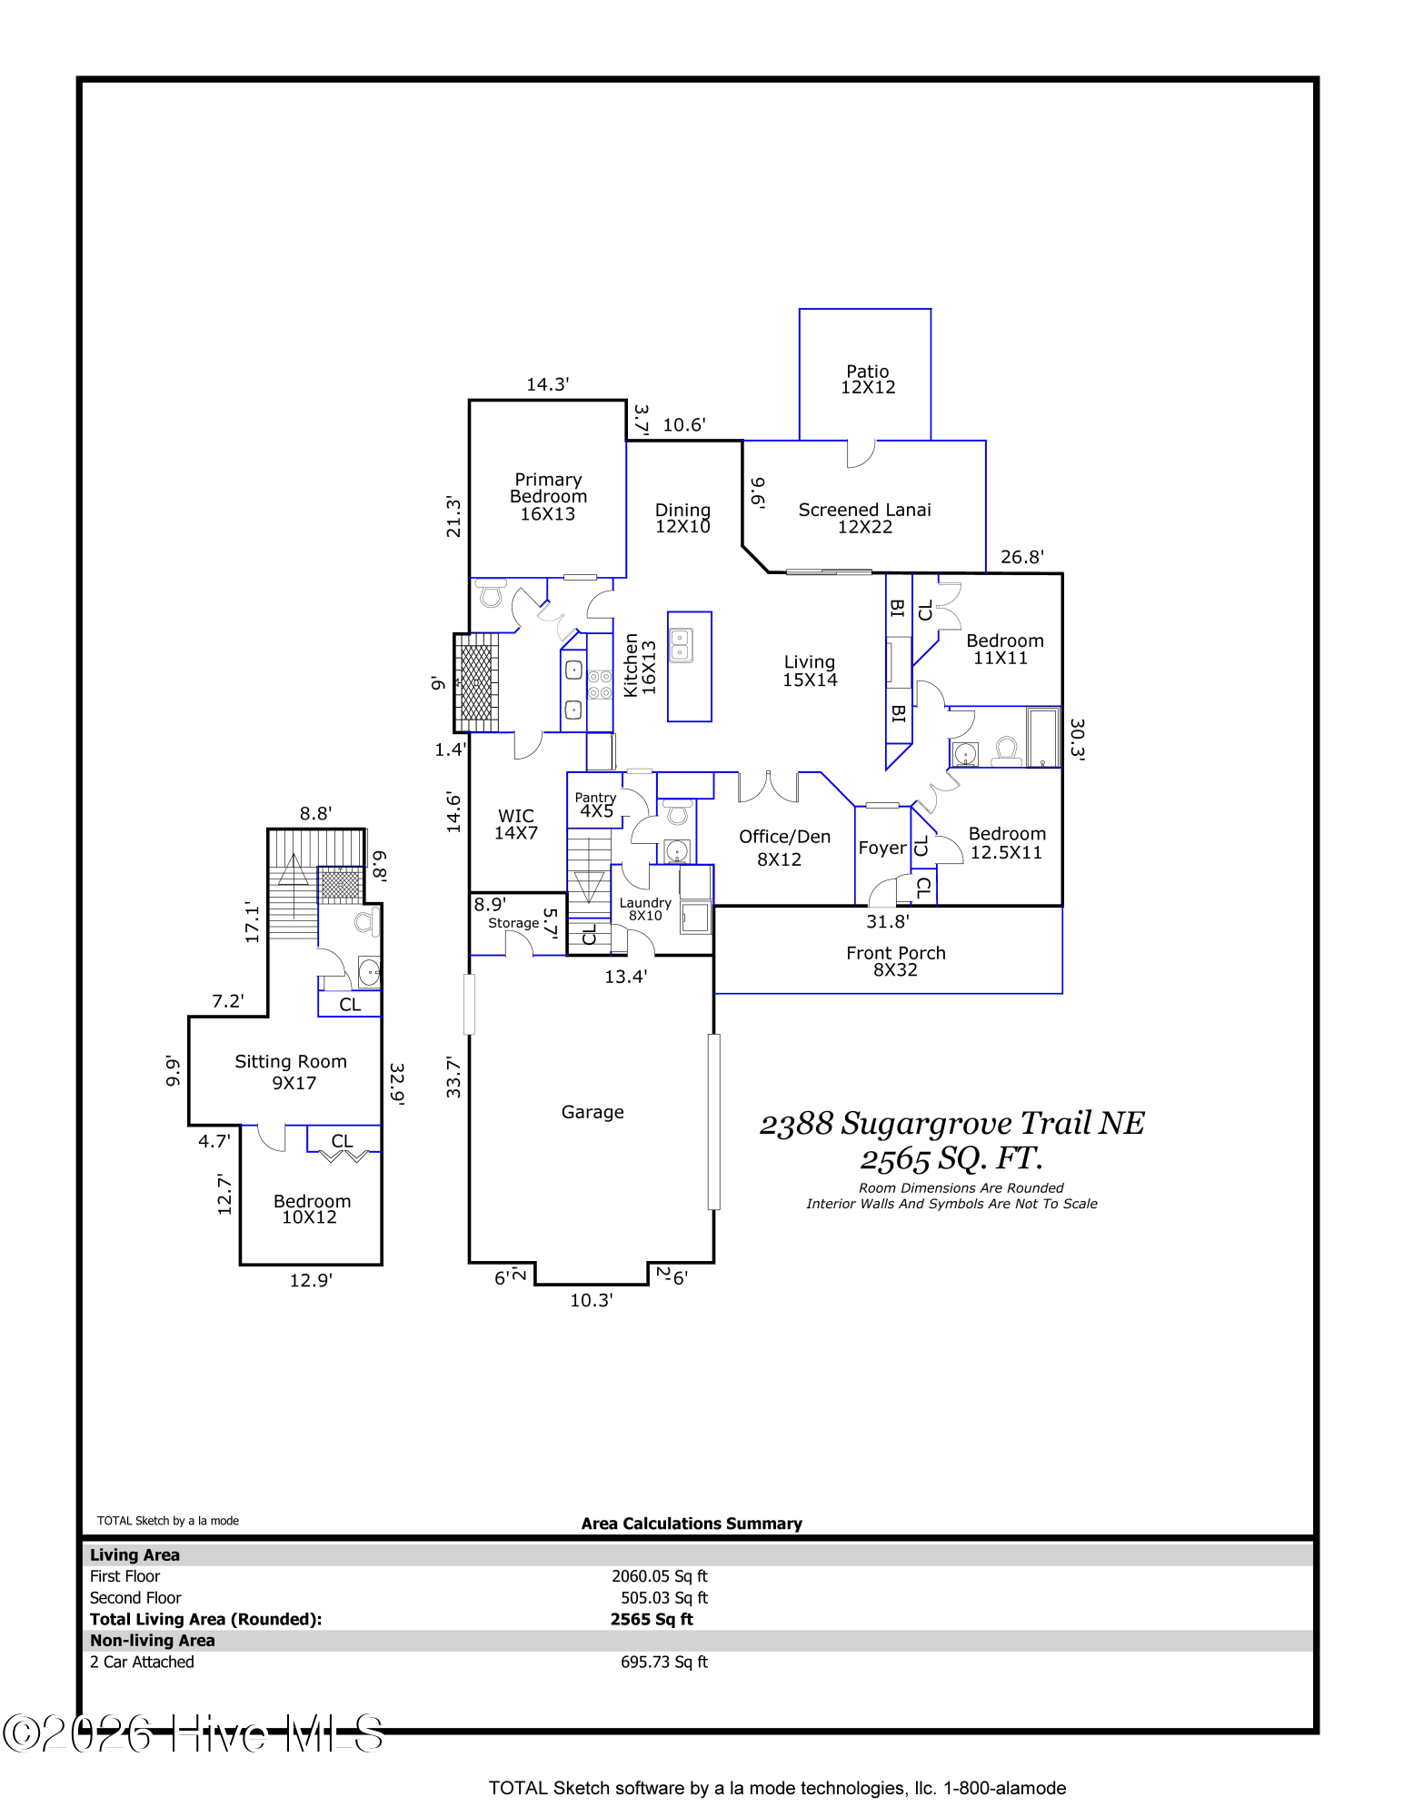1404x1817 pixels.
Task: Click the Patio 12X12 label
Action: coord(868,379)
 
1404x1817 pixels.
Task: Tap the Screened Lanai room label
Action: coord(864,518)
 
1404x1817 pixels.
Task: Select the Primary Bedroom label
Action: coord(548,496)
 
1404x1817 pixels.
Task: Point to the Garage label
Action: coord(592,1112)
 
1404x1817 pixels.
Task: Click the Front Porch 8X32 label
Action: coord(896,961)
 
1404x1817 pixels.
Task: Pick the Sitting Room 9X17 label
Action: coord(291,1072)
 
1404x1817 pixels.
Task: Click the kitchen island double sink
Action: coord(681,646)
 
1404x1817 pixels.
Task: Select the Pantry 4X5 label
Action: coord(595,805)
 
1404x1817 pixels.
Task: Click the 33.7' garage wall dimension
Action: coord(453,1077)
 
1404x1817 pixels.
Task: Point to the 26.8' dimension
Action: coord(1022,557)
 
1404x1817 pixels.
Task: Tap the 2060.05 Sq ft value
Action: coord(660,1576)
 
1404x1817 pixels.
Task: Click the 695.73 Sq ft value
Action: coord(664,1662)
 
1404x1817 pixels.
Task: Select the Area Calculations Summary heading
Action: coord(692,1524)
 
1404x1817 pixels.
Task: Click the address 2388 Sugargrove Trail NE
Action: coord(951,1124)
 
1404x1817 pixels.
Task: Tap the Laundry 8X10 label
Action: coord(645,908)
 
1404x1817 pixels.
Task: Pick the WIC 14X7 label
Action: coord(516,824)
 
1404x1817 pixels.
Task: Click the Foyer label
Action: coord(882,849)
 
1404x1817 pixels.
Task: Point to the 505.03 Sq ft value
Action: coord(664,1598)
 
